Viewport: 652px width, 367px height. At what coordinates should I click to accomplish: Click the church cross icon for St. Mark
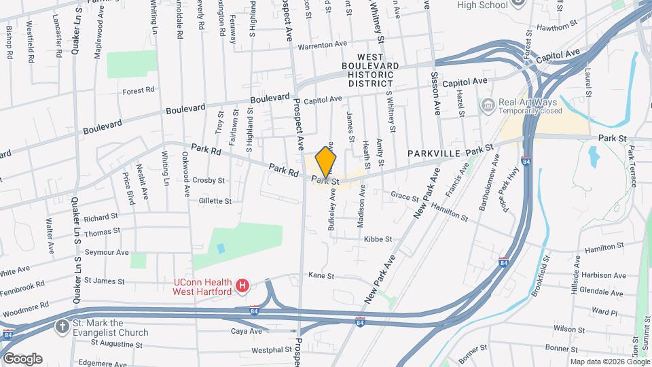(x=62, y=326)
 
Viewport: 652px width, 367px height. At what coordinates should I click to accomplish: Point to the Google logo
(x=22, y=358)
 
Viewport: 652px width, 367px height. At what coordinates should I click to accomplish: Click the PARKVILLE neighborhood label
(x=435, y=154)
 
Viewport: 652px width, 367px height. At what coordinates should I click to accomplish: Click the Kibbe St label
(x=378, y=239)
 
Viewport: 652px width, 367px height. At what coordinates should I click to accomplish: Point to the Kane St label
(x=321, y=276)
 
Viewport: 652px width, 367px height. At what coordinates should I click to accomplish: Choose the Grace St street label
(x=405, y=197)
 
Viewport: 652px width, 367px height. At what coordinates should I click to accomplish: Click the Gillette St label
(x=215, y=201)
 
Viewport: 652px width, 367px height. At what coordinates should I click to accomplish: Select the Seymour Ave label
(x=111, y=252)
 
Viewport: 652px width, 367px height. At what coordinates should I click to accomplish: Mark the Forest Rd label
(x=139, y=90)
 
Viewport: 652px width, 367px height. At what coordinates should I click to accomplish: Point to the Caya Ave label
(x=246, y=331)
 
